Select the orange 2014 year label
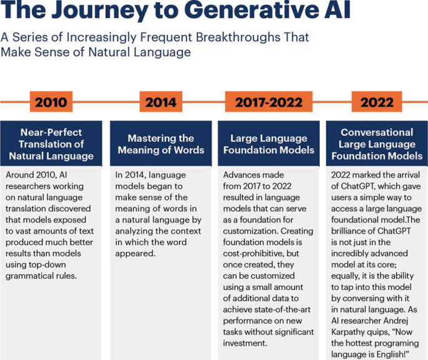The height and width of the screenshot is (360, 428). click(x=161, y=102)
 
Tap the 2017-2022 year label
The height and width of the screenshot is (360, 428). click(x=269, y=102)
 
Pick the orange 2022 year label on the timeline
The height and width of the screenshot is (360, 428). click(x=377, y=102)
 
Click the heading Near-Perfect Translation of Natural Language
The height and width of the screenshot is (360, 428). click(x=52, y=144)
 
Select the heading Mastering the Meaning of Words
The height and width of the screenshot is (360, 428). click(x=161, y=144)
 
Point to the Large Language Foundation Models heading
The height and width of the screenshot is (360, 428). click(x=269, y=144)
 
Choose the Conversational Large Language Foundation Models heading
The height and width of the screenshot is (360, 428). click(x=377, y=144)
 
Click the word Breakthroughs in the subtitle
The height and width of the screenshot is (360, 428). click(x=233, y=38)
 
